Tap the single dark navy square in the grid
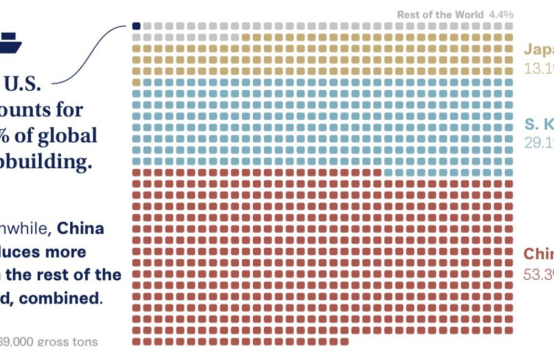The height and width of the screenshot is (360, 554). point(136,25)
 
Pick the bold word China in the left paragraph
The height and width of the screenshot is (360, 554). point(80,228)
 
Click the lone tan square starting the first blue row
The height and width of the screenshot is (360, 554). point(136,82)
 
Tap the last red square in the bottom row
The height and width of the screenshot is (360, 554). point(345,341)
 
